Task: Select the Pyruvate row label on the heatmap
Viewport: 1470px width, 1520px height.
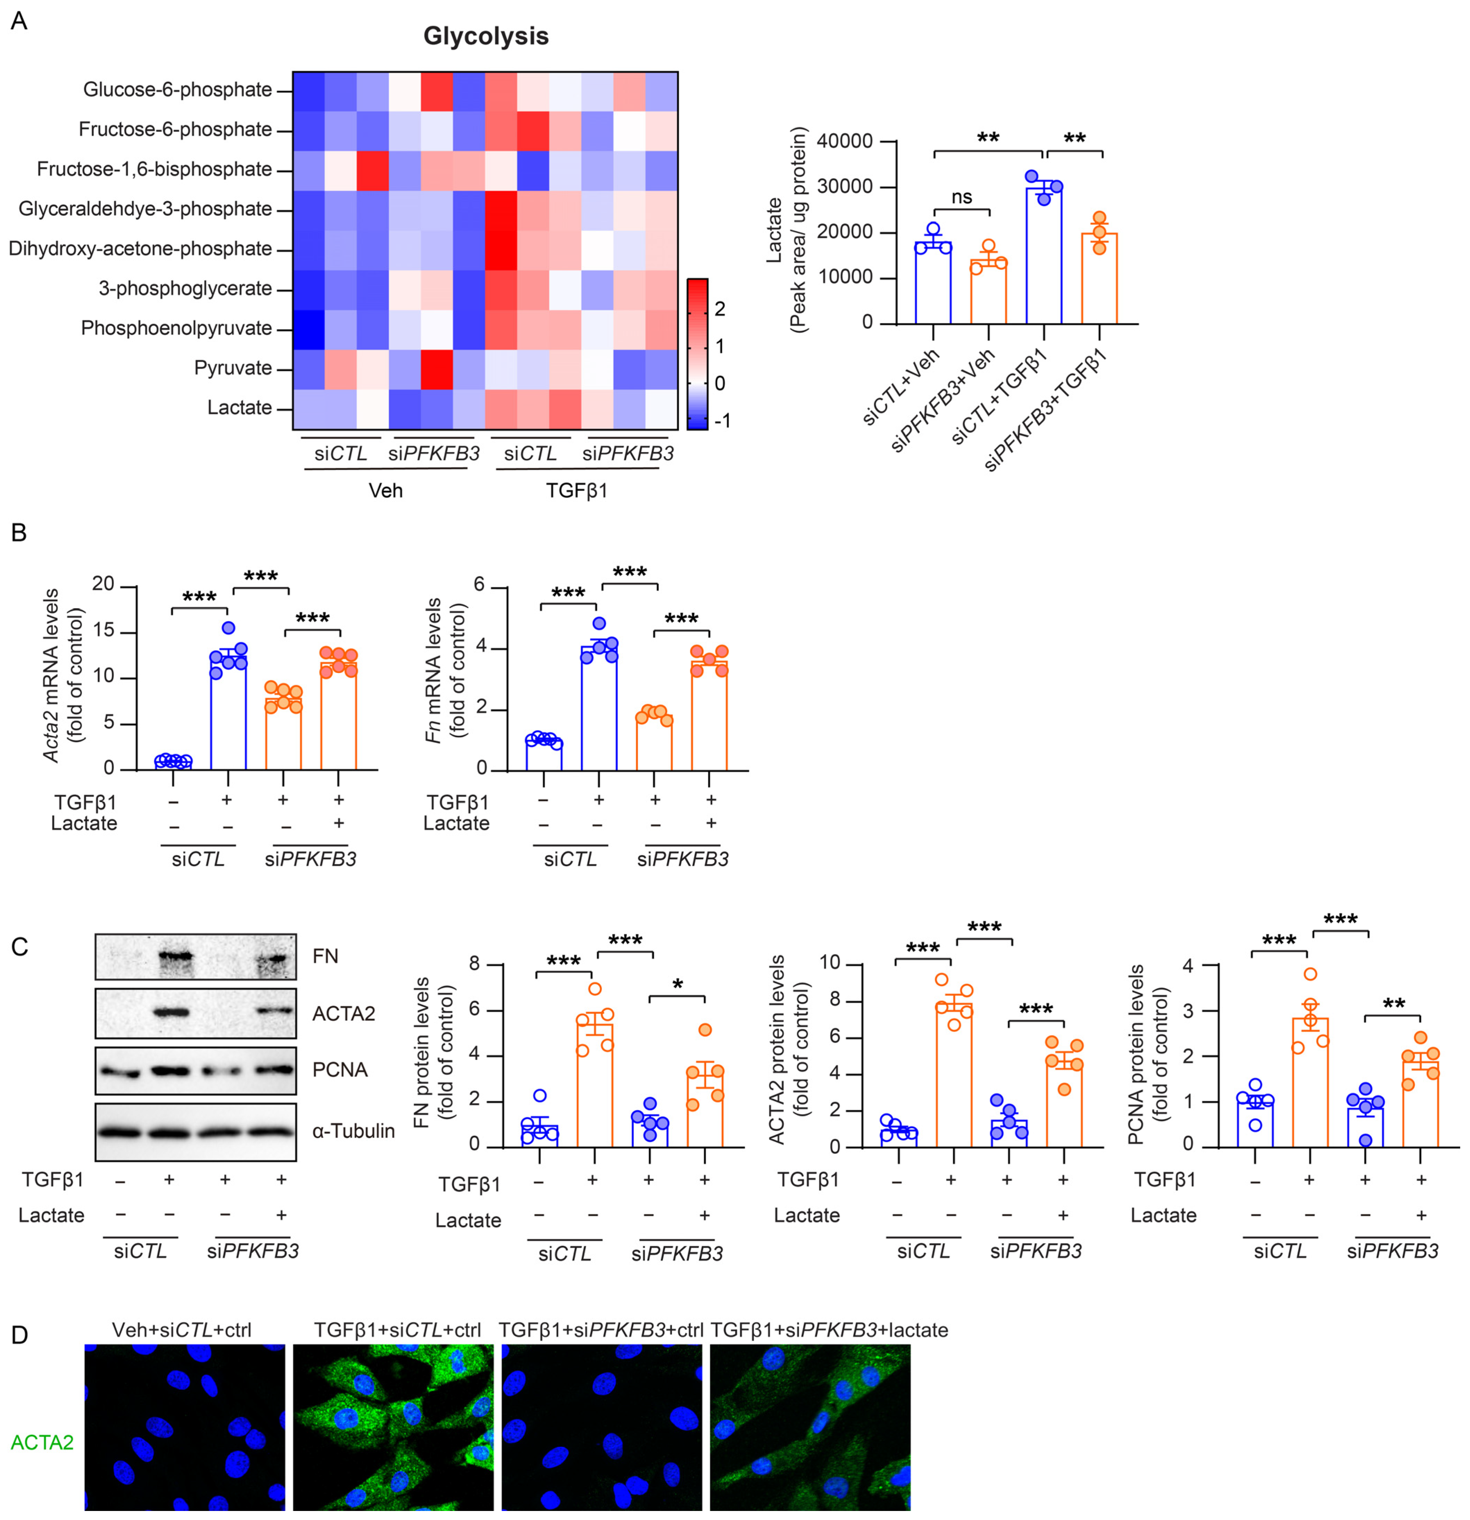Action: tap(233, 368)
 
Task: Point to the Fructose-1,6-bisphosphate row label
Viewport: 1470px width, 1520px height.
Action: tap(154, 169)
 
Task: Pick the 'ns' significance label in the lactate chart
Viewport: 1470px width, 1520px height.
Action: tap(961, 197)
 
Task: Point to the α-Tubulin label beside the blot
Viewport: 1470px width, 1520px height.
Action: tap(354, 1131)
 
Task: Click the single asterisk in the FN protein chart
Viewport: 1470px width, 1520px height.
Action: tap(678, 985)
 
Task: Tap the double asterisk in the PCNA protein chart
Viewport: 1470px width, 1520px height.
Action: tap(1393, 1005)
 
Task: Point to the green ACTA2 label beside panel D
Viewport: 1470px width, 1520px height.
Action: tap(42, 1443)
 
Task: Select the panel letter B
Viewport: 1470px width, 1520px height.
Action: tap(19, 533)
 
